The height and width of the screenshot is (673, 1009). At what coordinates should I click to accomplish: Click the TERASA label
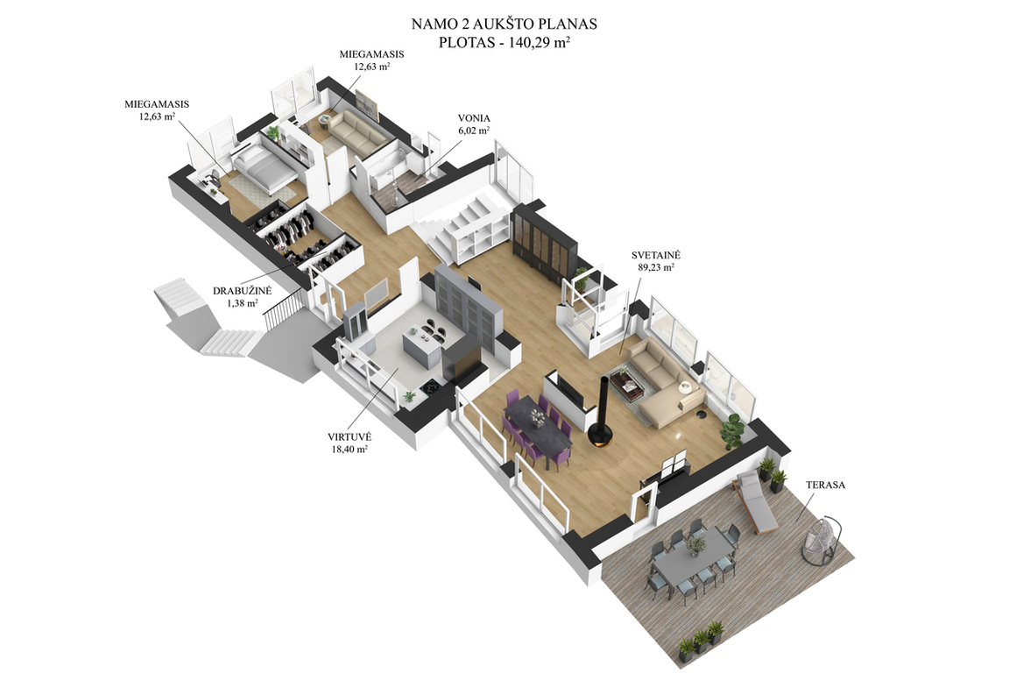[x=825, y=485]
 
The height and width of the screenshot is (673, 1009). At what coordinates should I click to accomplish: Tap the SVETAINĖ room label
[x=656, y=256]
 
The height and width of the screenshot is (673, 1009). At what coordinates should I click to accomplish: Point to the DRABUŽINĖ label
[x=243, y=291]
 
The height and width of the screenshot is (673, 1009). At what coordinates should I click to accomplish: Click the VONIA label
[x=474, y=118]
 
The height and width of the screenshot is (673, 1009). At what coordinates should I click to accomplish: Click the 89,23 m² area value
[x=656, y=267]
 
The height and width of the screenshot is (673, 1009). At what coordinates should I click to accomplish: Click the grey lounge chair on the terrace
[x=756, y=502]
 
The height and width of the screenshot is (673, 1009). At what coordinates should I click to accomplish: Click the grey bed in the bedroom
[x=265, y=166]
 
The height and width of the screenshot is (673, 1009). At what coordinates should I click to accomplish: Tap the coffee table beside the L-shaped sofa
[x=627, y=385]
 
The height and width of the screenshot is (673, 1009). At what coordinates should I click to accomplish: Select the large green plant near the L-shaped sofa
[x=732, y=430]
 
